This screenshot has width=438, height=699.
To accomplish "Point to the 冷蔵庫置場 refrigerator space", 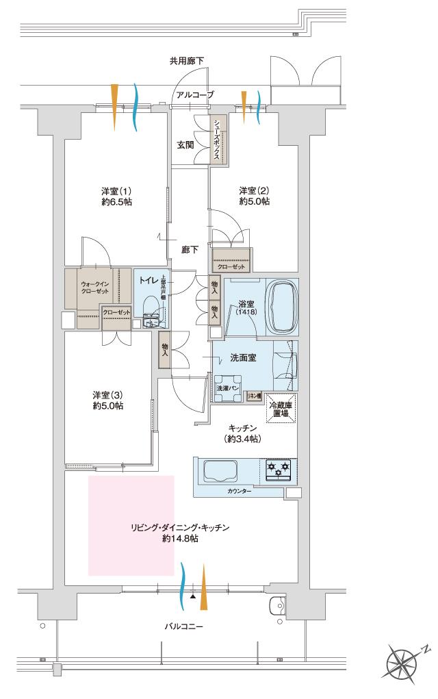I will tap(281, 409).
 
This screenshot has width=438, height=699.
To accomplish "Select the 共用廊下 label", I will tap(186, 62).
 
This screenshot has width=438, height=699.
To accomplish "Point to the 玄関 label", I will tap(185, 145).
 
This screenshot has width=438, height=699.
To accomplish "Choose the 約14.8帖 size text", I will tap(181, 539).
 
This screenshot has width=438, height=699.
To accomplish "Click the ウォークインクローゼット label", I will tap(95, 287).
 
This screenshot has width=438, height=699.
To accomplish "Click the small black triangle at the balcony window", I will tap(193, 597).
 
